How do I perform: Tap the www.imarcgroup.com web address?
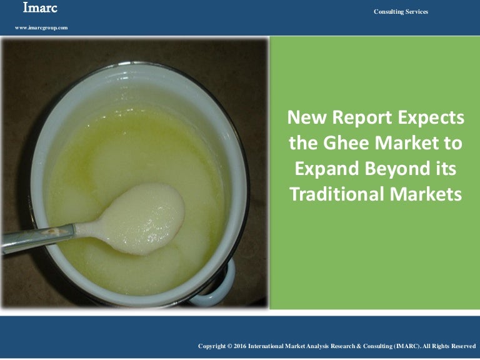(x=41, y=28)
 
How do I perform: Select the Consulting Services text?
(x=401, y=12)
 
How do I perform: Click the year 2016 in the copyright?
(x=240, y=346)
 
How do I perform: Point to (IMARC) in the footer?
(x=409, y=346)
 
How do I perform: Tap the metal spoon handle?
(x=37, y=238)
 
